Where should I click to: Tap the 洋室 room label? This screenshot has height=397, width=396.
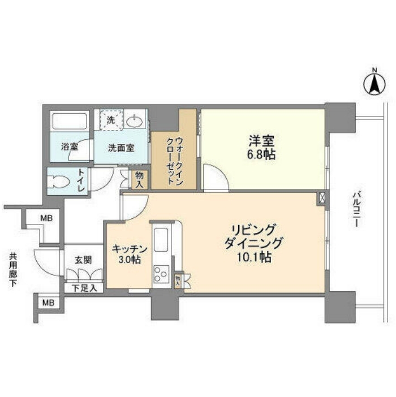[x=261, y=141]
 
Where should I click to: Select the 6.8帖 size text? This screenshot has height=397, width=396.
[x=261, y=154]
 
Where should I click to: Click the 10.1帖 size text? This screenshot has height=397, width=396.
[x=254, y=257]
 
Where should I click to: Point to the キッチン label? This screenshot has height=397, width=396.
[x=130, y=249]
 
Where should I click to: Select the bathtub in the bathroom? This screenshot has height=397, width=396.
[x=70, y=121]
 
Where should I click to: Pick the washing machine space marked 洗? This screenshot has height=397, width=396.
[x=111, y=120]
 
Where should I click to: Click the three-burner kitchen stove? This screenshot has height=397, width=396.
[x=161, y=274]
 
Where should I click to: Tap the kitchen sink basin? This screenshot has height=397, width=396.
[x=161, y=240]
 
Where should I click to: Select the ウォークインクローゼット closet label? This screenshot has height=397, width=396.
[x=174, y=161]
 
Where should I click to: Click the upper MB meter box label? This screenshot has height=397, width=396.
[x=46, y=218]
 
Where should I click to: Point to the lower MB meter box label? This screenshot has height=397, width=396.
[x=48, y=303]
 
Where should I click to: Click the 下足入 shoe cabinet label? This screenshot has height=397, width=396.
[x=84, y=288]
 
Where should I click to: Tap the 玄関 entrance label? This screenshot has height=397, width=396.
[x=83, y=260]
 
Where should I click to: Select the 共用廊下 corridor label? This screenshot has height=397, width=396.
[x=13, y=270]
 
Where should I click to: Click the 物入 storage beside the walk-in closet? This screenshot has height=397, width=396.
[x=140, y=179]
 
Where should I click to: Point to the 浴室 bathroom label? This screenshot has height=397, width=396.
[x=70, y=147]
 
